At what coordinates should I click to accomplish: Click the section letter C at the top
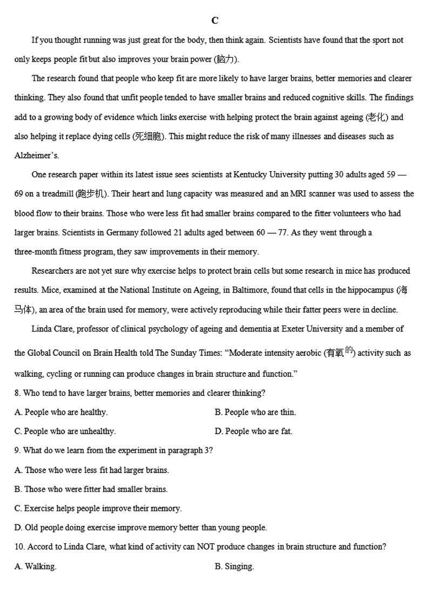click(x=215, y=21)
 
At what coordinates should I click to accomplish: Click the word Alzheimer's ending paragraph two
click(x=37, y=156)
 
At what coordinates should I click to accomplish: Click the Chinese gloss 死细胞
click(x=149, y=137)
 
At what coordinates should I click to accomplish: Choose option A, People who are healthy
click(x=61, y=412)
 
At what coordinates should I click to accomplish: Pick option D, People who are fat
click(x=253, y=431)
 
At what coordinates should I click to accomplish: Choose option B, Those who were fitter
click(x=91, y=489)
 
